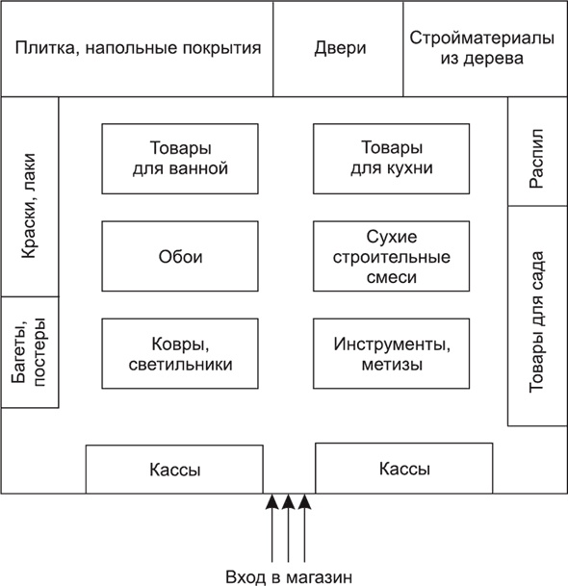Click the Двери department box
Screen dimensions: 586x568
[x=340, y=48]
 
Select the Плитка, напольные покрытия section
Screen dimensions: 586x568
[x=138, y=48]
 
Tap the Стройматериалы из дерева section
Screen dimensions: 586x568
[x=481, y=48]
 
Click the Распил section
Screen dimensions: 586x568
[x=537, y=152]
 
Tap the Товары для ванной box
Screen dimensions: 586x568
[x=180, y=158]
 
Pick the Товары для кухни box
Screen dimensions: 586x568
[x=391, y=158]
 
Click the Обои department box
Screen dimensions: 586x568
[x=180, y=256]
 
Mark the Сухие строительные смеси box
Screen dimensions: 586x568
[x=391, y=256]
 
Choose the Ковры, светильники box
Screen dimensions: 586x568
[x=180, y=353]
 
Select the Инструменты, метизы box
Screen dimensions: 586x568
[x=391, y=353]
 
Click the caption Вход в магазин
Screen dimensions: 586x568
[x=289, y=576]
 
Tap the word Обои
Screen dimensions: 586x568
[x=180, y=256]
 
